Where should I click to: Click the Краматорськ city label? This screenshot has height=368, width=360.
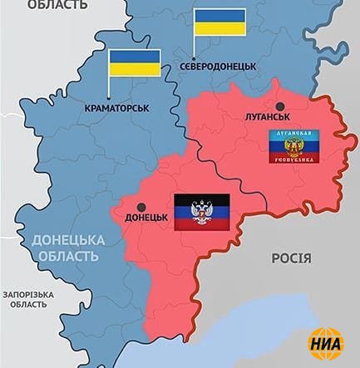tap(117, 107)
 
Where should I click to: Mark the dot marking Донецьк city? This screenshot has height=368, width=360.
tap(141, 207)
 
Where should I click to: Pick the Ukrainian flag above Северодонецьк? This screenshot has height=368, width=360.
tap(220, 22)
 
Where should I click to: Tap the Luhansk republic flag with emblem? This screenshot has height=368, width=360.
tap(295, 145)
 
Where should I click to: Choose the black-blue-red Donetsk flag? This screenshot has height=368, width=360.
tap(201, 213)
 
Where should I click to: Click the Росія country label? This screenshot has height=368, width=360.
tap(291, 258)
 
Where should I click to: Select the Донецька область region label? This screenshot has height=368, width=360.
tap(68, 248)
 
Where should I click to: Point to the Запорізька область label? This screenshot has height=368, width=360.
tap(29, 300)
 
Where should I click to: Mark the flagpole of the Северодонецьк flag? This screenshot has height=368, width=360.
tap(195, 46)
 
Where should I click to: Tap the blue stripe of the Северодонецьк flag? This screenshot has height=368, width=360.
tap(220, 16)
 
